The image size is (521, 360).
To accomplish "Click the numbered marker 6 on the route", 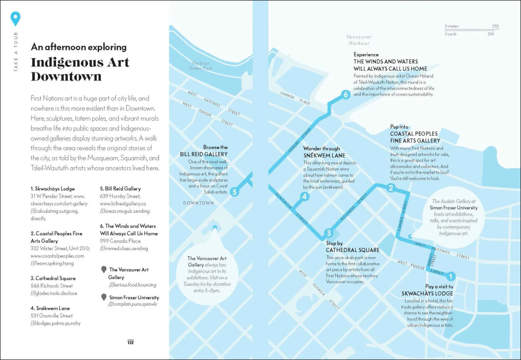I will click(x=345, y=94).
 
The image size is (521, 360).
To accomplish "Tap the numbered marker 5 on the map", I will click(x=234, y=192).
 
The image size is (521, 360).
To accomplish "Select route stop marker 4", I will click(x=304, y=197).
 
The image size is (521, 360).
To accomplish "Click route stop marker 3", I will click(x=329, y=233).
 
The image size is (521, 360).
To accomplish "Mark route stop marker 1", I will click(x=449, y=277).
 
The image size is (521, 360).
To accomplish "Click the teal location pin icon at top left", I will click(x=16, y=18).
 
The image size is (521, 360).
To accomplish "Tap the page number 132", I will click(x=130, y=342).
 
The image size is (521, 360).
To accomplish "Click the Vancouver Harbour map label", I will click(x=359, y=40).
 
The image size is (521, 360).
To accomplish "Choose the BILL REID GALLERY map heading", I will click(x=204, y=154).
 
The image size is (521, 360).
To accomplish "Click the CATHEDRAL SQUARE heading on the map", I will click(x=353, y=250).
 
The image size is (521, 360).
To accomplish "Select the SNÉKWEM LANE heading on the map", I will click(x=324, y=155).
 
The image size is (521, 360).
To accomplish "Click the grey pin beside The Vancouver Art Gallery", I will click(x=104, y=269).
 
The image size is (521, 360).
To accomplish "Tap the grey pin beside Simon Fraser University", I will click(x=104, y=297).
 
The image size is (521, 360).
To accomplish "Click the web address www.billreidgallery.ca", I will click(x=123, y=203).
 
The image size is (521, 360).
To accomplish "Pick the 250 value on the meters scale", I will click(x=495, y=26).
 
